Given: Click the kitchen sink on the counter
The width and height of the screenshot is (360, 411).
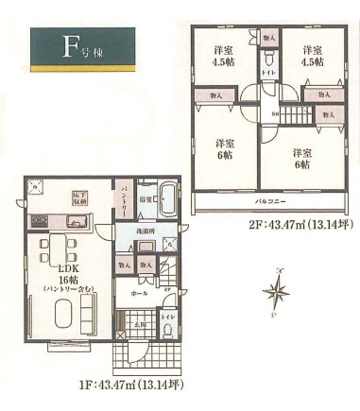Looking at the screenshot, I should coord(77,222).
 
